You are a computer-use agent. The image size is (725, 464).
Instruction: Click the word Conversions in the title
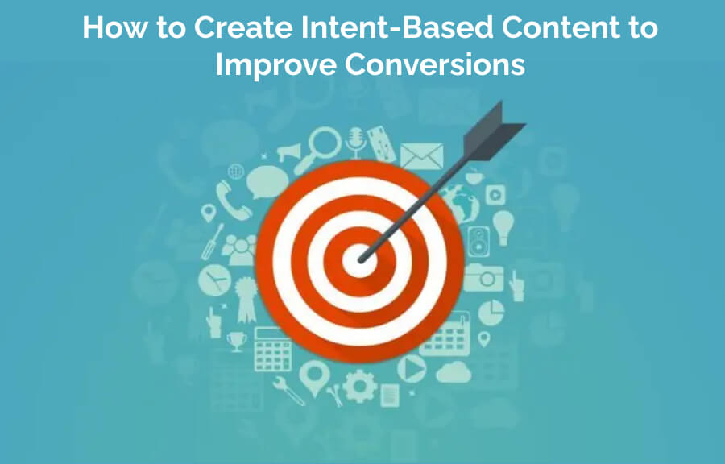(x=435, y=64)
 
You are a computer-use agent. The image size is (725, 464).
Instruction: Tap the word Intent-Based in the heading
(x=396, y=27)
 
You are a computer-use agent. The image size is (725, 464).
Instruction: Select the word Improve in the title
(x=275, y=65)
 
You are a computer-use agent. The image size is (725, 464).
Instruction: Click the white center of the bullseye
(x=358, y=261)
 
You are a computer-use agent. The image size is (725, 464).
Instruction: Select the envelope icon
(x=421, y=156)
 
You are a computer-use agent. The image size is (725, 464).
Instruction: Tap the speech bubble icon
(x=267, y=182)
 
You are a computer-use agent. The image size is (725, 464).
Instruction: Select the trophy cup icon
(x=237, y=342)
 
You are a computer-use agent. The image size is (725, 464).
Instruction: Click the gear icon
(x=360, y=386)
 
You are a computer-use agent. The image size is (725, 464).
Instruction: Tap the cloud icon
(x=454, y=372)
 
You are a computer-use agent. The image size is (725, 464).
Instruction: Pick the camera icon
(x=483, y=277)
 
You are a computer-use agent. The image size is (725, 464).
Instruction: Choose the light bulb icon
(x=503, y=227)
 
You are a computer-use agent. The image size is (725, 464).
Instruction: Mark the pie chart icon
(x=491, y=313)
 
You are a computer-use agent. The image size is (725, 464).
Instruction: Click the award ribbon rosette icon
(x=246, y=299)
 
